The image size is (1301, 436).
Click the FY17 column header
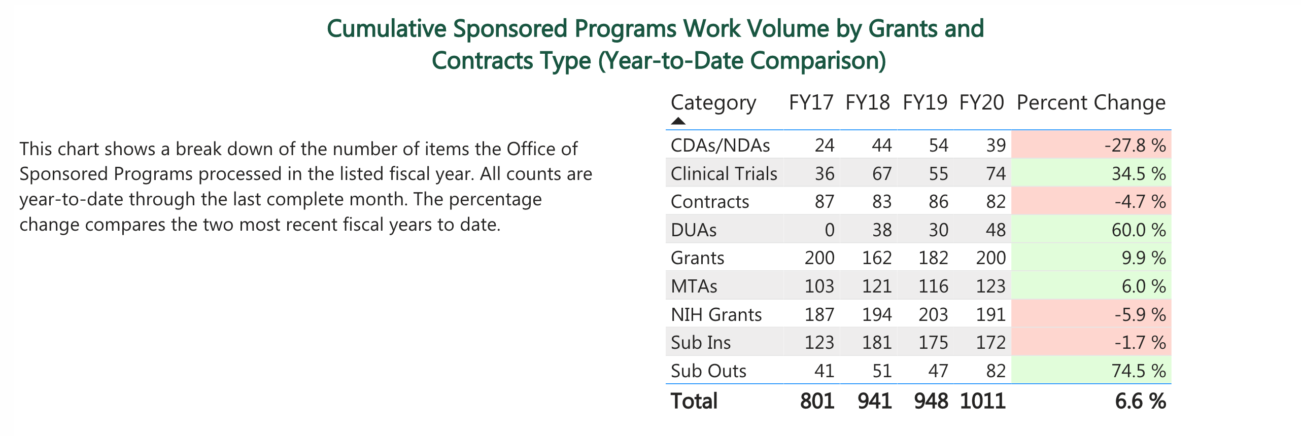(811, 102)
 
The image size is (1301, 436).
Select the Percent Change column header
(1091, 102)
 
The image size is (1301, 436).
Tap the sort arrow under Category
(678, 121)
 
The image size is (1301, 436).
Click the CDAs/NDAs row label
(720, 146)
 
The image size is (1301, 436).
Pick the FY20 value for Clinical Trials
(996, 174)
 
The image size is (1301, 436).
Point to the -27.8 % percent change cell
(1135, 146)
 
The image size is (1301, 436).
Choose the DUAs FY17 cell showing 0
(829, 230)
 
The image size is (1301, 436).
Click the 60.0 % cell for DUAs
(1138, 230)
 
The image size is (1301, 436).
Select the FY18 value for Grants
(877, 258)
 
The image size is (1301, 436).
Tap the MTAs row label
(694, 286)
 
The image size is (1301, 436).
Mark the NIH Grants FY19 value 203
(933, 315)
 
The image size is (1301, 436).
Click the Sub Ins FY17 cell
(819, 343)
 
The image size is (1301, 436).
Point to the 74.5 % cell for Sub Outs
(1138, 371)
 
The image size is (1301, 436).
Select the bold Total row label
(694, 401)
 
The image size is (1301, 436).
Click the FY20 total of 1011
(983, 401)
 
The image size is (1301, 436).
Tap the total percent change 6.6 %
(1140, 401)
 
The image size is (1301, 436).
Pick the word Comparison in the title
(817, 61)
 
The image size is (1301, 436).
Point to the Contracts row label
(709, 202)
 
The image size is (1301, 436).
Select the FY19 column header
(925, 102)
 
